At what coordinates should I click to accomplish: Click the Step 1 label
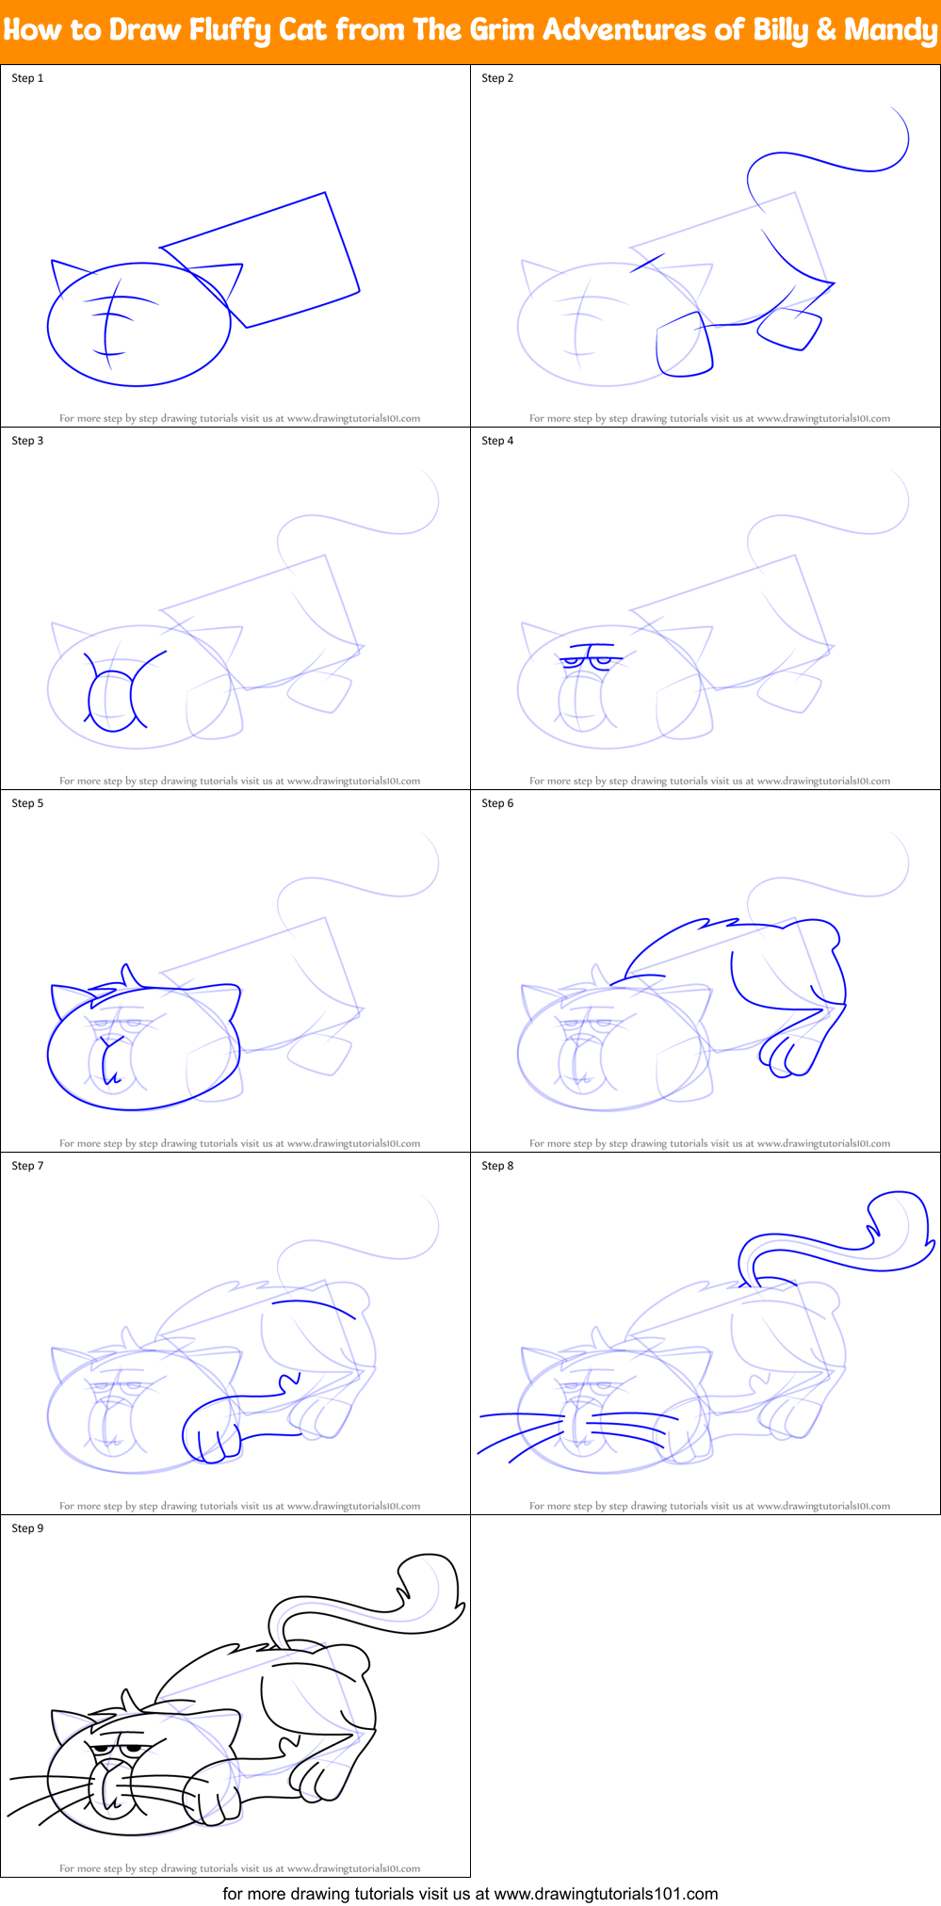point(27,78)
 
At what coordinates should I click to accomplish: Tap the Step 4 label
point(497,441)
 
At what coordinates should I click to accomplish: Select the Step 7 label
point(27,1166)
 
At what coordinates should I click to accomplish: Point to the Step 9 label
point(27,1528)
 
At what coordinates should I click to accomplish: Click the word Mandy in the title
point(890,30)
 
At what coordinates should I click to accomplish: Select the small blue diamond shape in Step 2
point(790,329)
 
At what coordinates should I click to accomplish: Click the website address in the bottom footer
point(605,1894)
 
